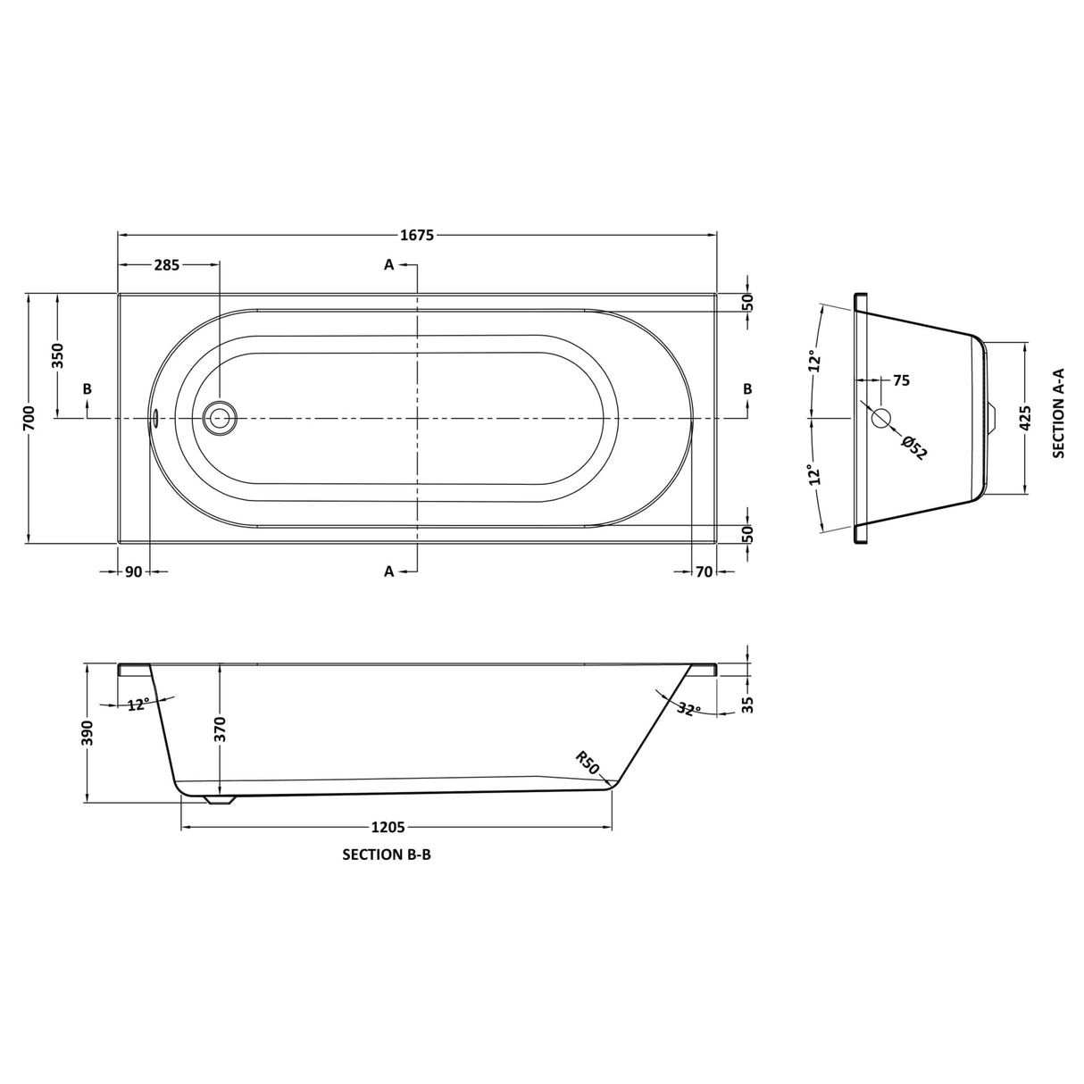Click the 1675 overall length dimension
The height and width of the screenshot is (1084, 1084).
pyautogui.click(x=417, y=236)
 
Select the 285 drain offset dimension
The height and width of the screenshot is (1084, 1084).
pyautogui.click(x=167, y=264)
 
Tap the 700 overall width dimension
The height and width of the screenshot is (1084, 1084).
pyautogui.click(x=29, y=417)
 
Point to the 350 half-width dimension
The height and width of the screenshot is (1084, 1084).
pyautogui.click(x=58, y=356)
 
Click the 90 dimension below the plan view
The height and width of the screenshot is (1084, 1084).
pyautogui.click(x=133, y=571)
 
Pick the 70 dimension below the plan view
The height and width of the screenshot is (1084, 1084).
pyautogui.click(x=704, y=571)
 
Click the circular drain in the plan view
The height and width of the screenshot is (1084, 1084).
pyautogui.click(x=220, y=417)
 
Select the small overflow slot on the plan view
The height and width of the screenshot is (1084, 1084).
pyautogui.click(x=155, y=417)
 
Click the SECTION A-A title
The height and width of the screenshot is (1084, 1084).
pyautogui.click(x=1059, y=417)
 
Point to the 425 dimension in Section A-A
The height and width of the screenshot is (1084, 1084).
pyautogui.click(x=1025, y=418)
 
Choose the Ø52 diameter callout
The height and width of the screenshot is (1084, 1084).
pyautogui.click(x=914, y=446)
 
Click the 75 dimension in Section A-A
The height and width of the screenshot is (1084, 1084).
pyautogui.click(x=900, y=380)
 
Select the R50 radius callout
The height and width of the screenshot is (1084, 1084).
pyautogui.click(x=587, y=763)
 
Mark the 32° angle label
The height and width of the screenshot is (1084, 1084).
pyautogui.click(x=687, y=709)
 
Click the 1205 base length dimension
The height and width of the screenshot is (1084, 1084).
pyautogui.click(x=388, y=828)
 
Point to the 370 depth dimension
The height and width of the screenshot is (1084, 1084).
pyautogui.click(x=220, y=730)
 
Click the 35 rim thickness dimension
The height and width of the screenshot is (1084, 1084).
pyautogui.click(x=748, y=705)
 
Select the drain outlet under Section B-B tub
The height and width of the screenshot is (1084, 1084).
pyautogui.click(x=220, y=799)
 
